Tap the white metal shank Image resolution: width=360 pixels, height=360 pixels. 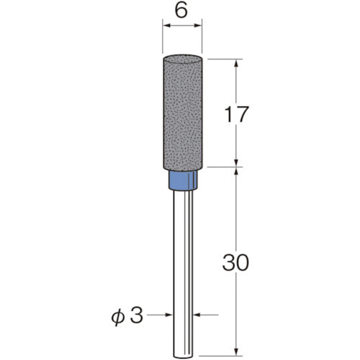pos(183,266)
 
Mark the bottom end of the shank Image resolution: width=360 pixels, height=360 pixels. pos(183,351)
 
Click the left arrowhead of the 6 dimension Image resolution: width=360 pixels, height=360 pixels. pos(166,27)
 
